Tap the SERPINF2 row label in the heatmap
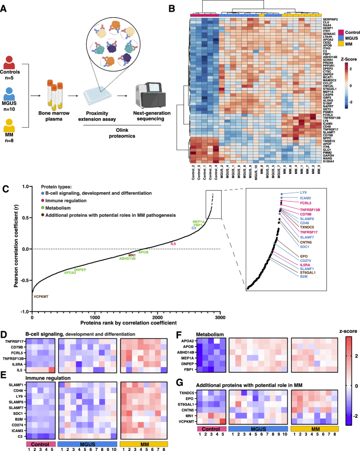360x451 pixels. click(333, 18)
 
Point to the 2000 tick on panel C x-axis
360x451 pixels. click(157, 318)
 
